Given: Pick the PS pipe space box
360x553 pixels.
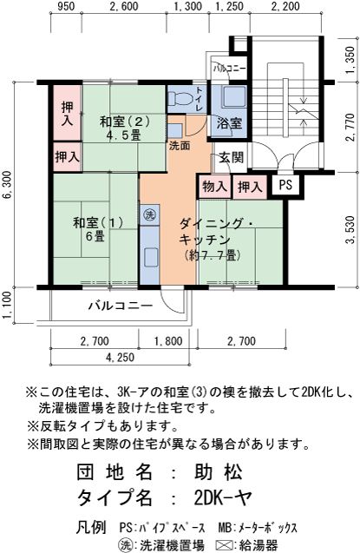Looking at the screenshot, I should (285, 186).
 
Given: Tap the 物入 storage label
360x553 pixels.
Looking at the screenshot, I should (213, 186).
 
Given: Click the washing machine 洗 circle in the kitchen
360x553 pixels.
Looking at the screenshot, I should (148, 214).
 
